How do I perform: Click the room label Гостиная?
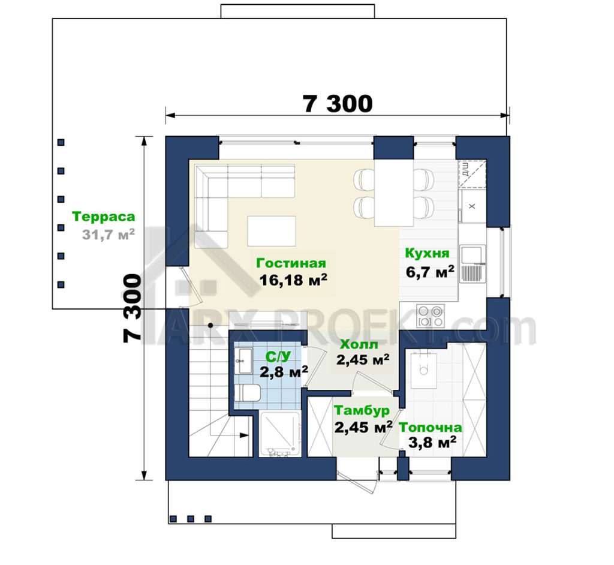(x=291, y=263)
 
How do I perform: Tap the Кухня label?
(x=427, y=253)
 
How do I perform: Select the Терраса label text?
(x=104, y=217)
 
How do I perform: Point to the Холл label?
(x=359, y=344)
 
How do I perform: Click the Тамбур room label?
(x=362, y=410)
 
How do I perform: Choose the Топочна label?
(x=431, y=428)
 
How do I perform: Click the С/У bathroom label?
(x=278, y=356)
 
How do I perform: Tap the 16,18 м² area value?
(x=293, y=280)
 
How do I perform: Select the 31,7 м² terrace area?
(x=109, y=235)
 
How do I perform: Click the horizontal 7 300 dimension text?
(x=338, y=104)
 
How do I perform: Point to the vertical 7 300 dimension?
(x=132, y=308)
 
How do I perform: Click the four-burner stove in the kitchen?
(x=431, y=316)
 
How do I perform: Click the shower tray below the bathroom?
(x=280, y=434)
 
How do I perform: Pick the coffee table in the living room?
(x=272, y=231)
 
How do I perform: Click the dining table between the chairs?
(x=394, y=193)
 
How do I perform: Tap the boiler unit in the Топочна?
(x=424, y=369)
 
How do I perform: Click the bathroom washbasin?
(x=243, y=361)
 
